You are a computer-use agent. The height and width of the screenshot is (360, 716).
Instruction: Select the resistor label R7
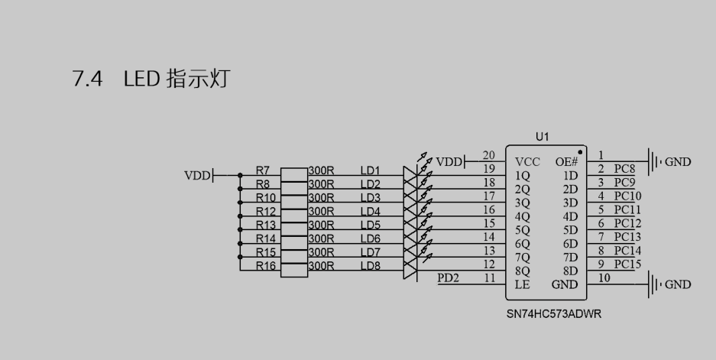coord(263,170)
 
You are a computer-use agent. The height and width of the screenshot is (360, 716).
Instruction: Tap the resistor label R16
coord(265,265)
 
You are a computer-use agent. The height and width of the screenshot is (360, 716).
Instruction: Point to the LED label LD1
coord(370,170)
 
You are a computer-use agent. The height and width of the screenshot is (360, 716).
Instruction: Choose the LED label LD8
coord(370,265)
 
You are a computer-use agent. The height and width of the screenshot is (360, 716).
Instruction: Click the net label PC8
coord(624,168)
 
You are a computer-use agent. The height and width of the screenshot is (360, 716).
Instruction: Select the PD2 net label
coord(448,277)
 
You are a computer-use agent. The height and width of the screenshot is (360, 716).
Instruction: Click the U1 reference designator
coord(543,137)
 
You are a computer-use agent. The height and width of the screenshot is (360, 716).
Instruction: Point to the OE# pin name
coord(566,161)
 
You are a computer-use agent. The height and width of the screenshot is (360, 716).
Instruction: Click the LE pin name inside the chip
coord(523,284)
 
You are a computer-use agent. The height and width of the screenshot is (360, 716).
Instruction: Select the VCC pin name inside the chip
coord(528,161)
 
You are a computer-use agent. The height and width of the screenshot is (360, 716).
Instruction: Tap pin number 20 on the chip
coord(489,156)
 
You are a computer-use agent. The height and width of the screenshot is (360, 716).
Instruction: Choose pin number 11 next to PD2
coord(489,278)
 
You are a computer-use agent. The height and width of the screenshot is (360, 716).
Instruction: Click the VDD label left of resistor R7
coord(196,175)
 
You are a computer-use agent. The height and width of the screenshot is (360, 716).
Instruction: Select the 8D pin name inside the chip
coord(569,271)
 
